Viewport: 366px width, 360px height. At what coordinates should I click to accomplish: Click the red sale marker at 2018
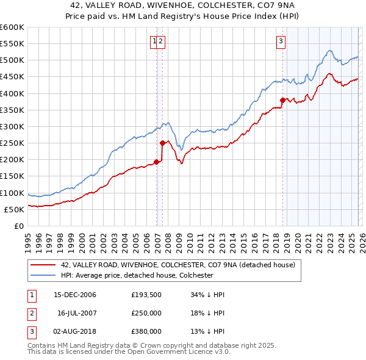(x=282, y=100)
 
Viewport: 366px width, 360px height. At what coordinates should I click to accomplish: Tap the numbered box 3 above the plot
(x=281, y=41)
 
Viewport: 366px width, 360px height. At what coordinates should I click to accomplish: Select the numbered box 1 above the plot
(x=155, y=41)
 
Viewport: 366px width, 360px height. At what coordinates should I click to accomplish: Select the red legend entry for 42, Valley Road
(x=178, y=265)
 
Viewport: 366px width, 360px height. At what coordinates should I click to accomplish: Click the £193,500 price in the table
(x=146, y=295)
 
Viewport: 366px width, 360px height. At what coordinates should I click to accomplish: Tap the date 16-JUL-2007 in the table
(x=76, y=313)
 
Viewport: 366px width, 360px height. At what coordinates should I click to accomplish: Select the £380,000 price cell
(x=146, y=331)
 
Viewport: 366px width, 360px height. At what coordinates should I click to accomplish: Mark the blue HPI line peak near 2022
(x=329, y=51)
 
